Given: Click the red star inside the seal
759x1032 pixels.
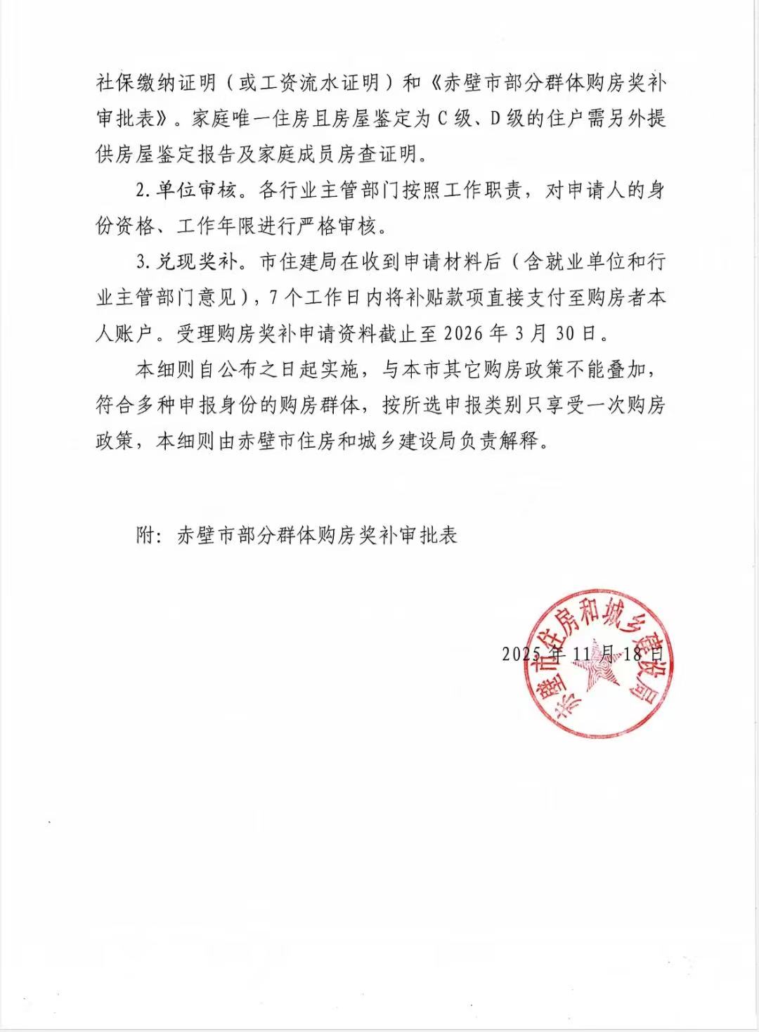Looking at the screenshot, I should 599,665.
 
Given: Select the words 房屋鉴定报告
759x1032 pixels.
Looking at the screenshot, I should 177,154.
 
